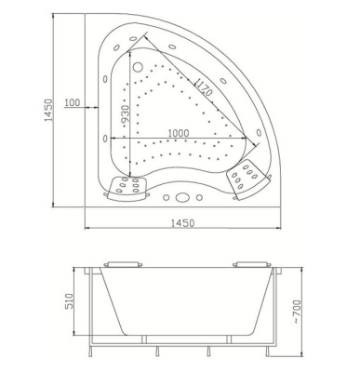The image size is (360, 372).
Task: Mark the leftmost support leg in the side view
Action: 90,346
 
